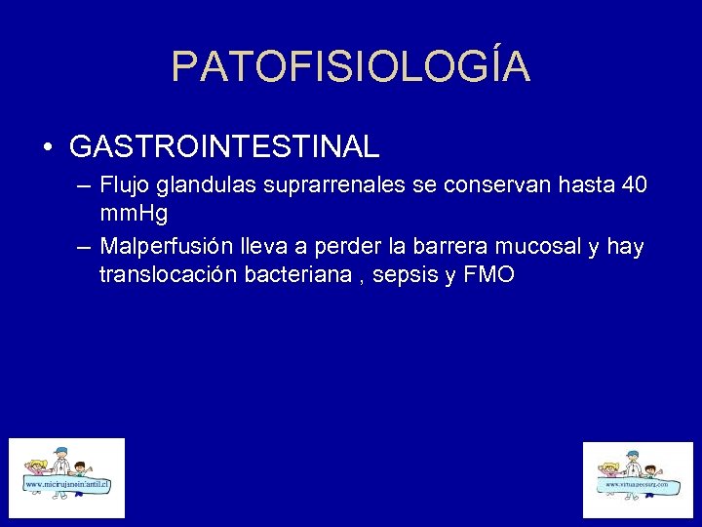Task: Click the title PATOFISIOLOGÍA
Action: (x=351, y=66)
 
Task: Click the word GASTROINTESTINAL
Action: (x=224, y=147)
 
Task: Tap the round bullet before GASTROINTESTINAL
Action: (x=47, y=148)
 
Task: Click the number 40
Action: (x=633, y=185)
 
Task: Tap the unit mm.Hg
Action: (x=134, y=215)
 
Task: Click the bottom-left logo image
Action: (x=67, y=477)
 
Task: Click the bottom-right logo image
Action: (x=637, y=479)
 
